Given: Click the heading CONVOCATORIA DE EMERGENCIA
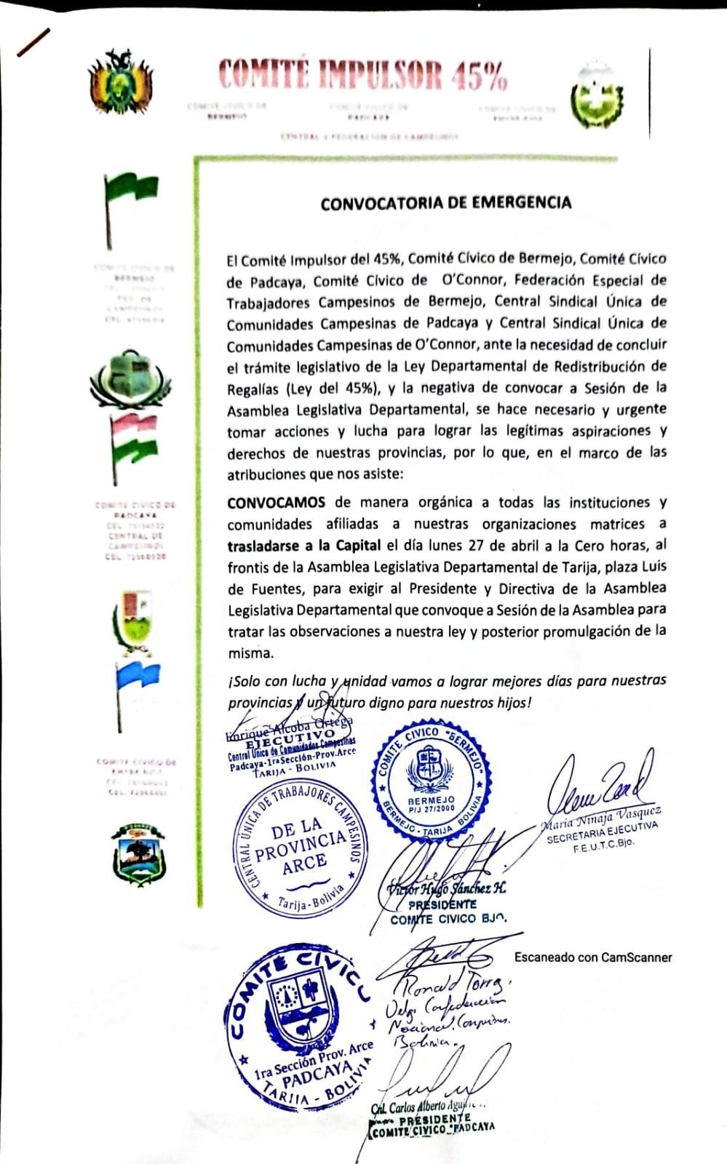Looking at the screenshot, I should [x=446, y=203].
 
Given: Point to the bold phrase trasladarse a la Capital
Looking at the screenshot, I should [x=303, y=546].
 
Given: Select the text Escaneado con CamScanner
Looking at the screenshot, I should [x=593, y=957].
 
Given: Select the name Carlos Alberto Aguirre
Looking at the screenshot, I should [x=429, y=1107].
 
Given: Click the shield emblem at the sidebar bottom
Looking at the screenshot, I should [x=139, y=854].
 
